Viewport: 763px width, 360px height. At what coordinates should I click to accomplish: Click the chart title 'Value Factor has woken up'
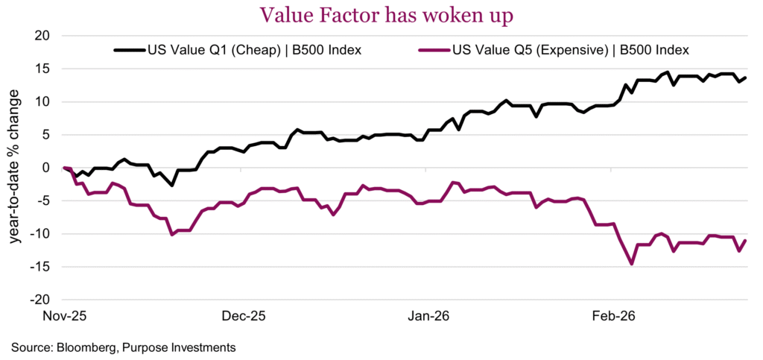(381, 14)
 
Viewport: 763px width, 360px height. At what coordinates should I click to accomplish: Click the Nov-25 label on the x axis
(65, 316)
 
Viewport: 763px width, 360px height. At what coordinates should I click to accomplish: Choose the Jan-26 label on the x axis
(429, 316)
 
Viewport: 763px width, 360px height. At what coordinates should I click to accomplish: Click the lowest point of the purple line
(632, 264)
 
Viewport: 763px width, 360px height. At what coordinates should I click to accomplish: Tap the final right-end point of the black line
(745, 78)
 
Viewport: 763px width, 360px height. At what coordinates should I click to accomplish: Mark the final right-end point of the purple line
(745, 240)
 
